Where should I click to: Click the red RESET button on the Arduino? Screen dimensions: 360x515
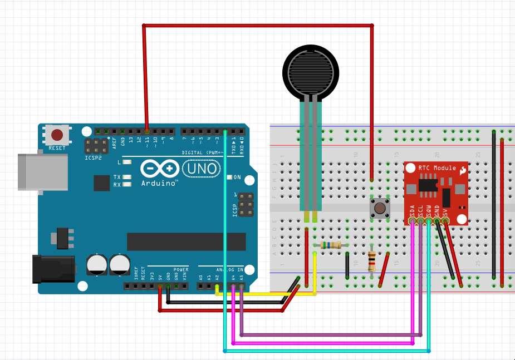tap(57, 135)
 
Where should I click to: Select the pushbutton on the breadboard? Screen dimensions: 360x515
tap(380, 209)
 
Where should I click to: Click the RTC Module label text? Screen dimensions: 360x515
tap(437, 167)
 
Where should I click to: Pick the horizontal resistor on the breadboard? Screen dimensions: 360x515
tap(332, 245)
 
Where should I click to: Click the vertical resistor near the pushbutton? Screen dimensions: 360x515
tap(372, 262)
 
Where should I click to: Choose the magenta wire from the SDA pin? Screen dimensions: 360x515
tap(412, 278)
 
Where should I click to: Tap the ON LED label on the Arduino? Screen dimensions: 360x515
tap(237, 177)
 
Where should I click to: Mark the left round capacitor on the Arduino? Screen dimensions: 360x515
tap(97, 265)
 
